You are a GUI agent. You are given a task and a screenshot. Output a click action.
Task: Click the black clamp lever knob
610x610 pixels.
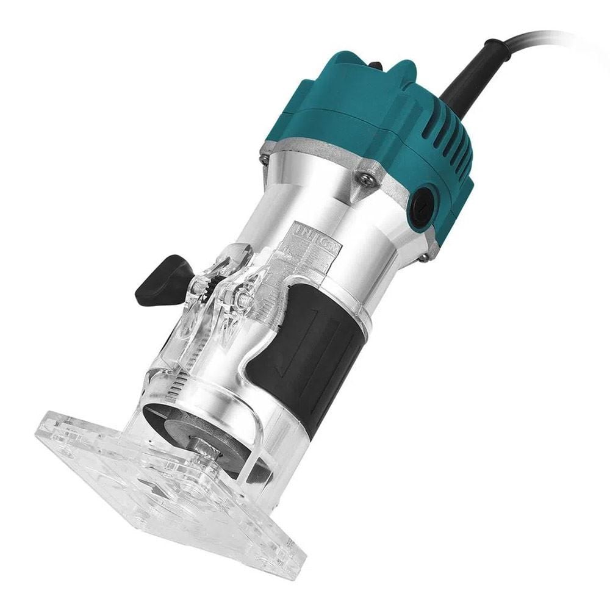pyautogui.click(x=160, y=279)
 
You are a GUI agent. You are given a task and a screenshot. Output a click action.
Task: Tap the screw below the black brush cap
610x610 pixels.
pyautogui.click(x=423, y=257)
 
